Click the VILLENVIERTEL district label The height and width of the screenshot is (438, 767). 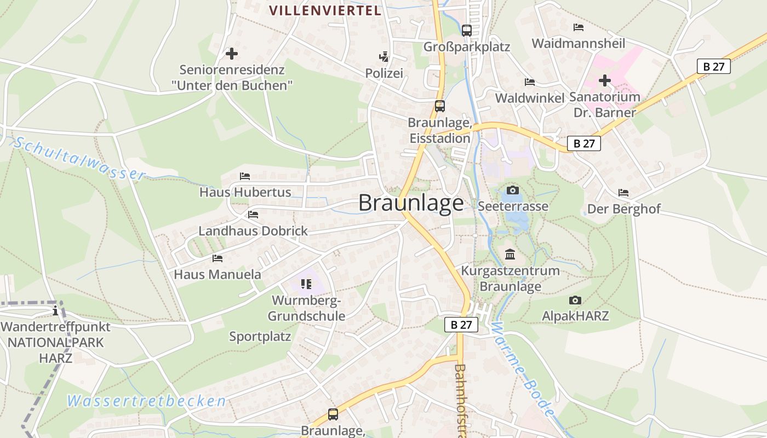325,10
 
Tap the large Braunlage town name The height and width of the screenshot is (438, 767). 411,203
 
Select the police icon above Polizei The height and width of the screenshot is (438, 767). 384,56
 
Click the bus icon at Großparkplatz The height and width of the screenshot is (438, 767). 466,31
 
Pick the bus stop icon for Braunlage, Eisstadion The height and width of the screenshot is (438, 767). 439,106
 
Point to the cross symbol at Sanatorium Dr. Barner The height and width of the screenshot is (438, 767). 604,81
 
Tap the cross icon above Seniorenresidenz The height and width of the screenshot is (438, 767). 232,54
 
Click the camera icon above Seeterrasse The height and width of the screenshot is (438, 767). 512,190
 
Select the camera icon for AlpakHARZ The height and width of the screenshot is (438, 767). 575,300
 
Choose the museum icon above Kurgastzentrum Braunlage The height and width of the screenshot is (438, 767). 510,254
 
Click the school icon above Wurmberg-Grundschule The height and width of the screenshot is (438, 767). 306,284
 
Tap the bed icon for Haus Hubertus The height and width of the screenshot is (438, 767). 244,176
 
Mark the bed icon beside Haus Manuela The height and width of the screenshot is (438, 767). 217,258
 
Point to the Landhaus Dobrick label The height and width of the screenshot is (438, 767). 253,231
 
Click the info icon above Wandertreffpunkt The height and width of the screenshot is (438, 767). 55,311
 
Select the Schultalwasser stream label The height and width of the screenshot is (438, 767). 80,159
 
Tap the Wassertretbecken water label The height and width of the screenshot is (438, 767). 146,401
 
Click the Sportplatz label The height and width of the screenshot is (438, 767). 260,337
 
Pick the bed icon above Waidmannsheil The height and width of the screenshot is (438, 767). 578,27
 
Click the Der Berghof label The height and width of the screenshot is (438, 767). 623,209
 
